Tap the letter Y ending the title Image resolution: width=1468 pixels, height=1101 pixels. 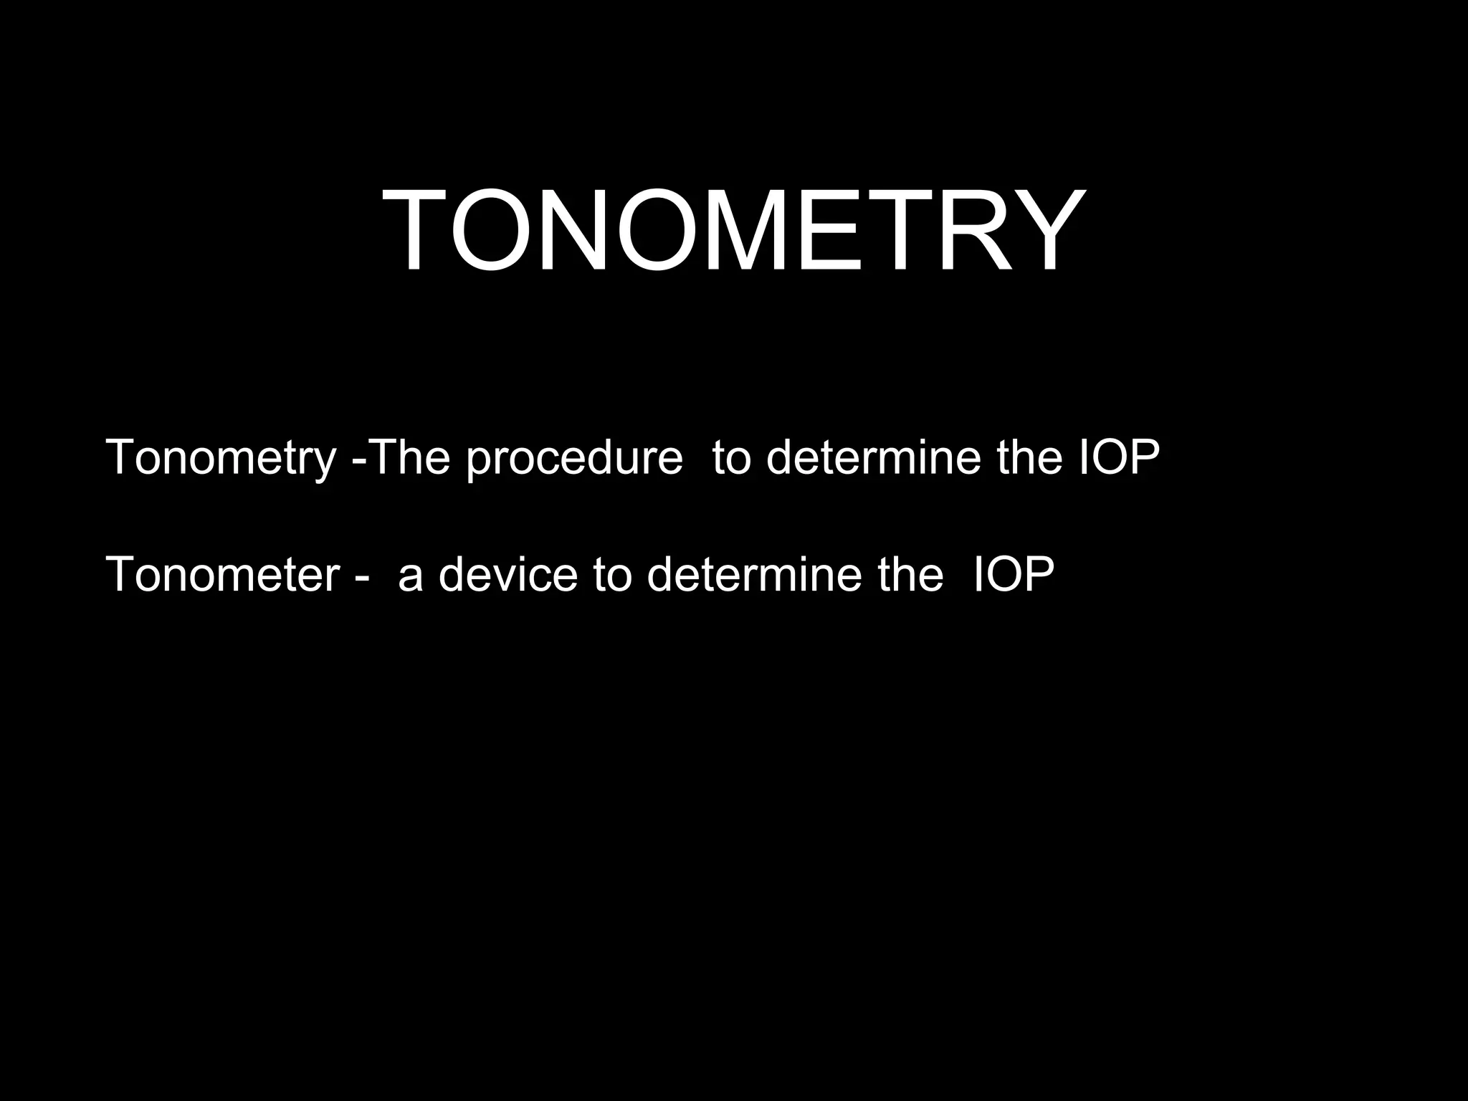pyautogui.click(x=1049, y=229)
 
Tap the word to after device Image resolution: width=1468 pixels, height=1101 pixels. pyautogui.click(x=612, y=575)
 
